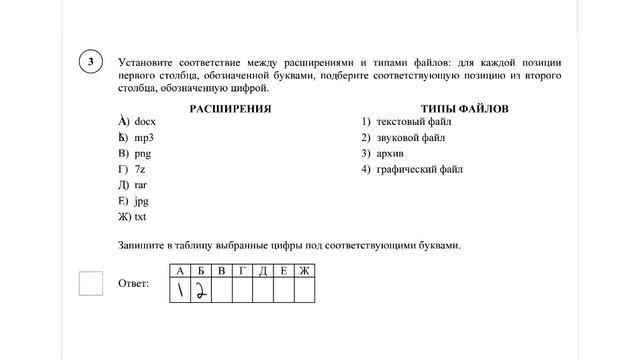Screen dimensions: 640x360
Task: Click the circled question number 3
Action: [91, 62]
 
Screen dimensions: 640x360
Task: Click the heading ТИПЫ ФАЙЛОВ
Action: [465, 106]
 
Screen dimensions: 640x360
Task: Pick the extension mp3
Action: [144, 137]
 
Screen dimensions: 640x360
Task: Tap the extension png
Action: [142, 153]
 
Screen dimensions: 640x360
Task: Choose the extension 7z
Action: [140, 169]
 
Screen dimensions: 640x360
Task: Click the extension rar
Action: [140, 185]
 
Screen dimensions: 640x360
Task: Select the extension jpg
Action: [141, 201]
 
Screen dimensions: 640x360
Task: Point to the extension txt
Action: [141, 217]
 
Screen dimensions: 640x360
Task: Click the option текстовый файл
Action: [414, 121]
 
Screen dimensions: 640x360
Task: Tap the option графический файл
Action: [420, 169]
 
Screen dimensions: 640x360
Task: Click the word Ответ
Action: [133, 285]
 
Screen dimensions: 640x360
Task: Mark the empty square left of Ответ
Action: [91, 284]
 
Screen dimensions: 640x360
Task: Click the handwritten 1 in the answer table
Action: [181, 290]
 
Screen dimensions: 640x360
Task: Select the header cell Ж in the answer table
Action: [304, 271]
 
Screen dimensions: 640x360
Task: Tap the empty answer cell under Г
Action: [242, 290]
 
